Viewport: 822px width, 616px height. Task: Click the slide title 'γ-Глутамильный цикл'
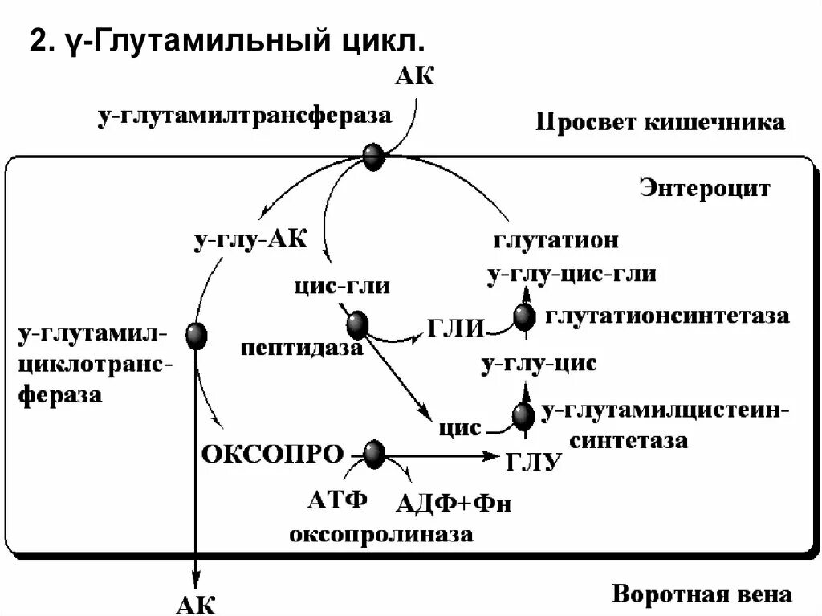pyautogui.click(x=226, y=40)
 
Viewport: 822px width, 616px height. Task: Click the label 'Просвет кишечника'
pyautogui.click(x=660, y=123)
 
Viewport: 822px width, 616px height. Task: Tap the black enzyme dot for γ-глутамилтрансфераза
pyautogui.click(x=373, y=157)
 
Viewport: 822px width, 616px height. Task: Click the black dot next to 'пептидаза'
pyautogui.click(x=357, y=324)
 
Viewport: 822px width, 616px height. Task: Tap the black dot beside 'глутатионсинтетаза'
pyautogui.click(x=524, y=318)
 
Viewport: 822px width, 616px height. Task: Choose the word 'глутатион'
pyautogui.click(x=555, y=240)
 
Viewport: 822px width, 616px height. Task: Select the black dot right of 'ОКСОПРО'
pyautogui.click(x=374, y=455)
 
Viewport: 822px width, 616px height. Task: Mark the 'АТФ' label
pyautogui.click(x=337, y=500)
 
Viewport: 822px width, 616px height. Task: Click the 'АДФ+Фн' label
pyautogui.click(x=454, y=504)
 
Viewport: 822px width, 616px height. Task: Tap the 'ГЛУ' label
pyautogui.click(x=531, y=463)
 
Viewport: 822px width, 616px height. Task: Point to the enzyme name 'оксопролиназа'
pyautogui.click(x=381, y=534)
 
